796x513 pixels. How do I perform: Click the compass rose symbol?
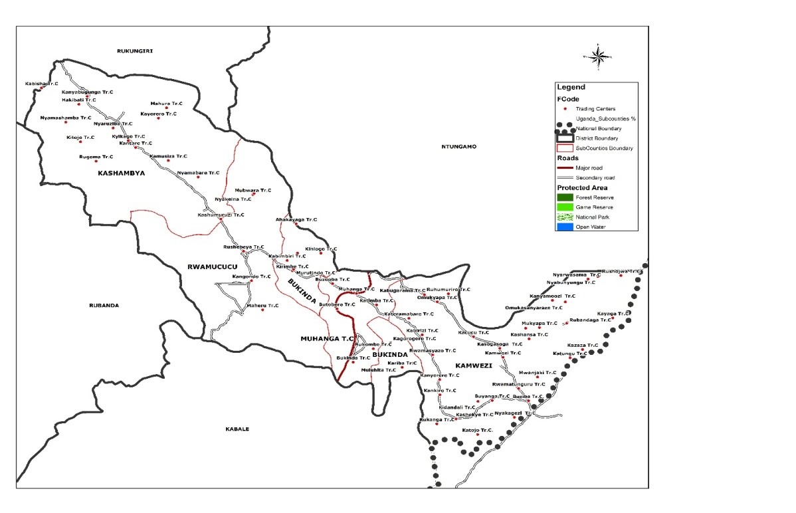(598, 56)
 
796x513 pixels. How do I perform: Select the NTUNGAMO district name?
(459, 146)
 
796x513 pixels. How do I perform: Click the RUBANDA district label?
(104, 306)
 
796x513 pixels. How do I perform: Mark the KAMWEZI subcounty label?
(474, 366)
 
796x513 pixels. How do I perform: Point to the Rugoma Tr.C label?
(96, 157)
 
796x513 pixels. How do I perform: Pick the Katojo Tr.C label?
(478, 431)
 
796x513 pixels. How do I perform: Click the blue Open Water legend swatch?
(565, 227)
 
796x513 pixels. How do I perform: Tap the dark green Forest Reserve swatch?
(565, 197)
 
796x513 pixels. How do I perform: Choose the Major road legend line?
(565, 168)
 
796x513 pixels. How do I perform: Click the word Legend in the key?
(571, 87)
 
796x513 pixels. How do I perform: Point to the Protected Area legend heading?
(582, 187)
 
